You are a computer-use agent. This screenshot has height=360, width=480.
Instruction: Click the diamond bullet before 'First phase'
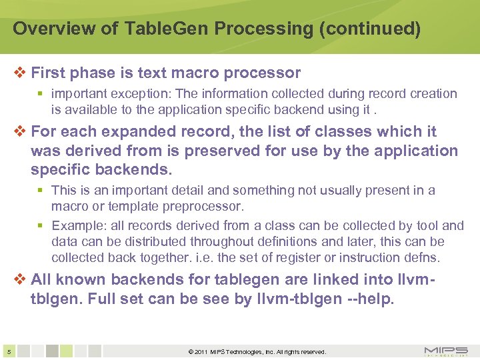(x=20, y=73)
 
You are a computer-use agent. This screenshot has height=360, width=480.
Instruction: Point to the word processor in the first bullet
(x=264, y=73)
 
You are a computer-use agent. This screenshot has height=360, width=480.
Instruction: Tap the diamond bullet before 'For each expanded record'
(x=20, y=131)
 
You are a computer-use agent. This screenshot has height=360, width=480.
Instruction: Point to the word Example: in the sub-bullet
(x=75, y=226)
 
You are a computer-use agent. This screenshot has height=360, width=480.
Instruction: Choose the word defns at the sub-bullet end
(x=426, y=257)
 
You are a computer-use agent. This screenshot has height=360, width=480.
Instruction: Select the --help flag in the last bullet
(x=370, y=299)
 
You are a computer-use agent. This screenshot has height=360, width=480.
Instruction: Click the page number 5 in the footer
(x=8, y=351)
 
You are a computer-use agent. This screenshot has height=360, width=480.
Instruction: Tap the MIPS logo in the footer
(x=445, y=351)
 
